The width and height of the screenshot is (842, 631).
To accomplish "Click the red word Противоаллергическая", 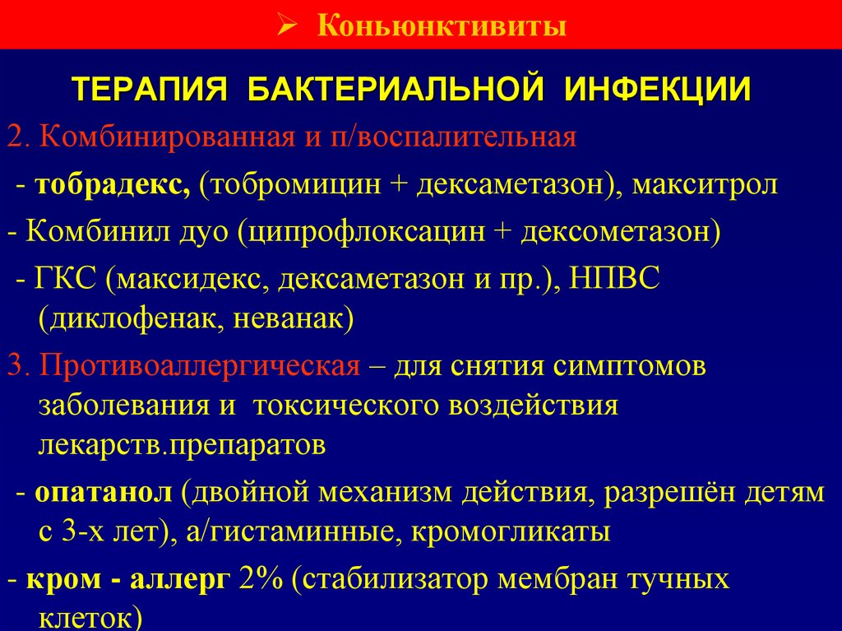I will [x=195, y=366].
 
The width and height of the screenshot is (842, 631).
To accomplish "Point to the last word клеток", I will [x=86, y=618].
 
